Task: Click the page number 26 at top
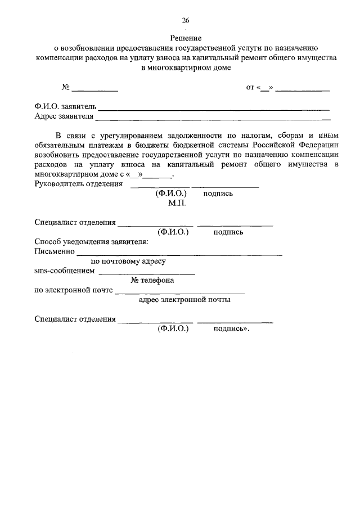[x=185, y=20]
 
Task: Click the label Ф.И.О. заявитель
[x=65, y=107]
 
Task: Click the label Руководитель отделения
[x=79, y=183]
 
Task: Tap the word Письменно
[x=55, y=251]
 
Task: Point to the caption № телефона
[x=152, y=281]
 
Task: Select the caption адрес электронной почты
[x=184, y=300]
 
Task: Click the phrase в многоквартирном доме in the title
[x=186, y=67]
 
